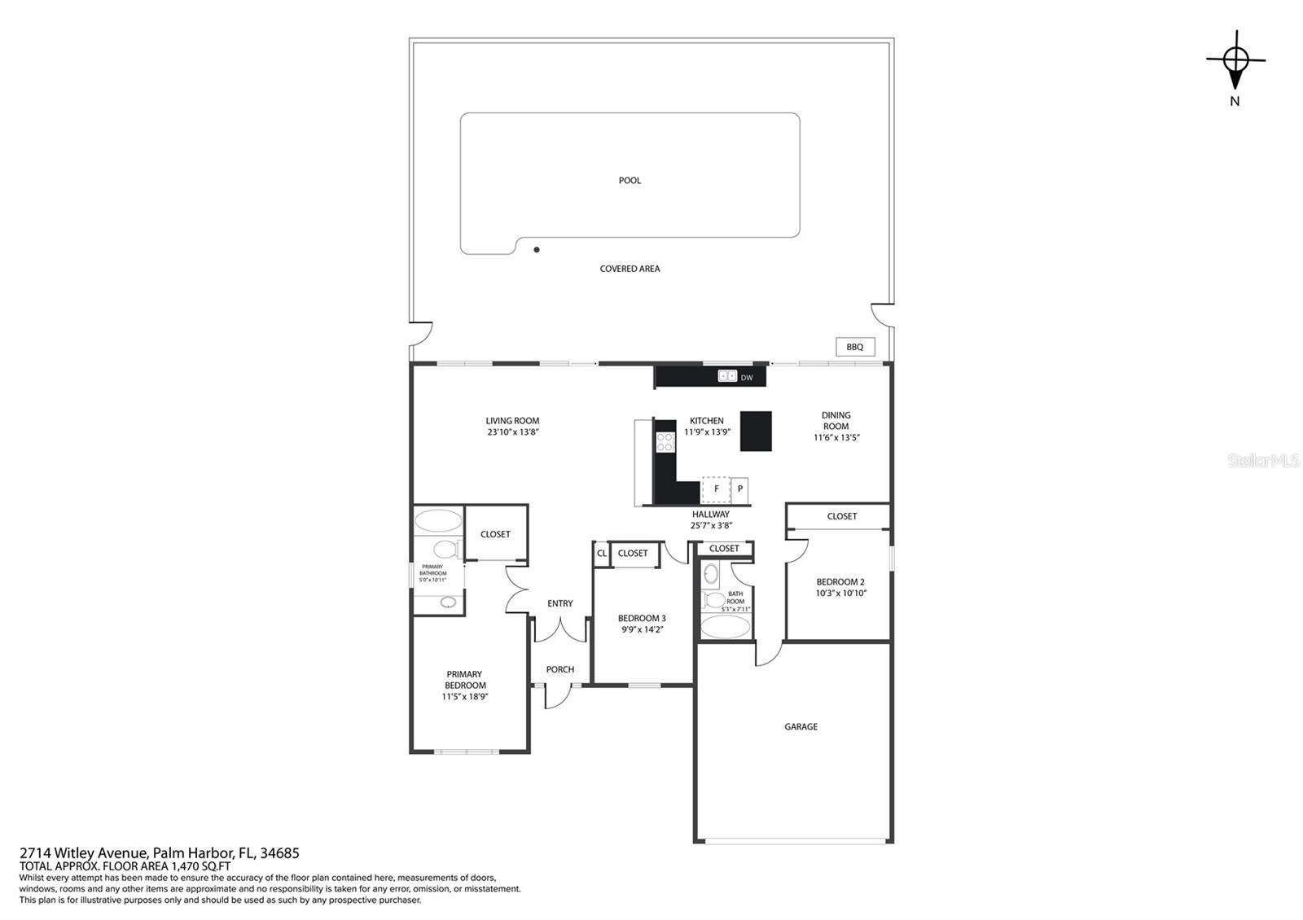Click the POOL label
click(x=630, y=181)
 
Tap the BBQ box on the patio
click(x=855, y=347)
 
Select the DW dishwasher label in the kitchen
click(x=747, y=378)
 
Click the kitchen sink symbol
click(x=727, y=376)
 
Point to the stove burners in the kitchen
click(x=665, y=442)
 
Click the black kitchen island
click(x=756, y=431)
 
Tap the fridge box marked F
click(x=716, y=488)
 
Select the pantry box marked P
click(x=740, y=489)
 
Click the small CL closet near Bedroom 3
click(x=602, y=554)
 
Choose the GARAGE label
click(x=801, y=727)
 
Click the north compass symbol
click(x=1235, y=60)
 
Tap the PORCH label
click(x=560, y=669)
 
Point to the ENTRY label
click(x=560, y=603)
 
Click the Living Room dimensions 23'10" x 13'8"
click(x=513, y=432)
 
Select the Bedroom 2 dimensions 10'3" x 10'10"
click(x=841, y=594)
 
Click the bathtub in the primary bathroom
click(x=438, y=521)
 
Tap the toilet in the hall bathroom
click(x=714, y=601)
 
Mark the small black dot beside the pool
click(x=537, y=250)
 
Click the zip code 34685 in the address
click(x=279, y=853)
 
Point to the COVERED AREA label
click(x=630, y=269)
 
